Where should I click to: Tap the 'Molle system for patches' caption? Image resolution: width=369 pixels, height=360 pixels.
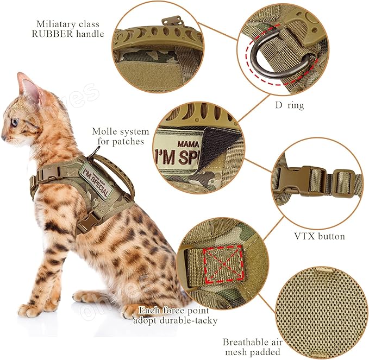coord(120,136)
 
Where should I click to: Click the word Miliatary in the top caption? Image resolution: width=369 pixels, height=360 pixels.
coord(61,24)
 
